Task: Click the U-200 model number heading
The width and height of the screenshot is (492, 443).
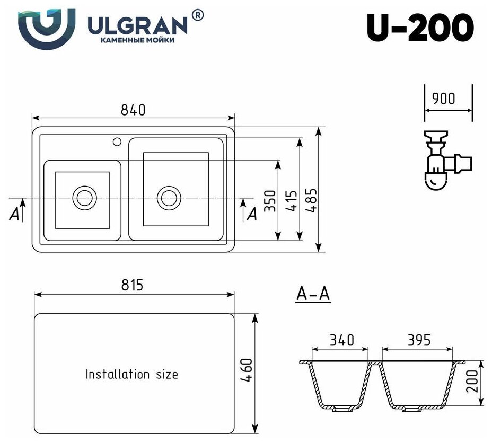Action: point(420,27)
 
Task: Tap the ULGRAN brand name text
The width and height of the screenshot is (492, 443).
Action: point(137,24)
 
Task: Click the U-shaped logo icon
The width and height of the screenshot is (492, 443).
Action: point(46,27)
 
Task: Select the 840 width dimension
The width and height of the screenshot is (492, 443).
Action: point(133,110)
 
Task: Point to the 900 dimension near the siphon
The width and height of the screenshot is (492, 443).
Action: point(444,99)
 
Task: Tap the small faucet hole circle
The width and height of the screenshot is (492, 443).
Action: point(117,141)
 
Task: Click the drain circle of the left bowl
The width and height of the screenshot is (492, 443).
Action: point(83,198)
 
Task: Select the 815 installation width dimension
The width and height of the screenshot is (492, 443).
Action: point(132,285)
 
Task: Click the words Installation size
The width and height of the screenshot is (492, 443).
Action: point(131,374)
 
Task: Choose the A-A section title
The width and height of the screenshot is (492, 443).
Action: point(313,294)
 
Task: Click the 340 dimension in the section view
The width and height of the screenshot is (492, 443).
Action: point(342,340)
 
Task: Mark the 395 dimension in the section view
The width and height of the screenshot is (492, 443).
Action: point(418,340)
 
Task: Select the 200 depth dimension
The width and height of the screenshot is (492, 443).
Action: point(473,380)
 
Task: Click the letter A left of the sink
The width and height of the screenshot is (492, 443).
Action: point(15,214)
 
